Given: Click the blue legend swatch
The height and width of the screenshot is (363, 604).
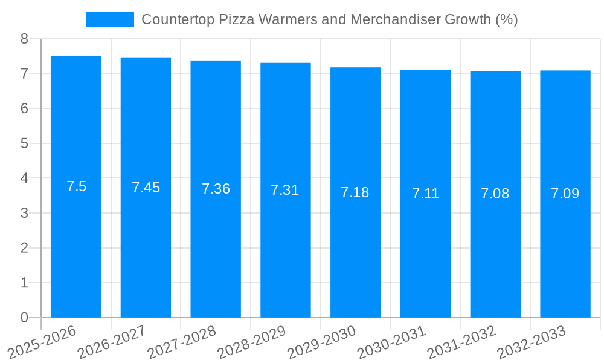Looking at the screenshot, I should [109, 19].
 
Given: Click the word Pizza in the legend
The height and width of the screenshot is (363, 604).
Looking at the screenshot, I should [236, 19].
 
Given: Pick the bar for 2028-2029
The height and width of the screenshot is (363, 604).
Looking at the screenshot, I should [285, 242].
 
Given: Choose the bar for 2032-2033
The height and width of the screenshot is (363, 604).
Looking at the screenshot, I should [565, 242].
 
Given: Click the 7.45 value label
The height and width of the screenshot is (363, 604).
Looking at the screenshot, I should [146, 188].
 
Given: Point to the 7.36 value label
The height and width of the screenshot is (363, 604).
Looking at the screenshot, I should [216, 189].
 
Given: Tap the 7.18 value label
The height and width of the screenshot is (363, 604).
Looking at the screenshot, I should [355, 192].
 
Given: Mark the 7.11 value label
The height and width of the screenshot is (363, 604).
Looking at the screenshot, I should [425, 194].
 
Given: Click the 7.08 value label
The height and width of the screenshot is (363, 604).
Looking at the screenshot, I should [495, 194].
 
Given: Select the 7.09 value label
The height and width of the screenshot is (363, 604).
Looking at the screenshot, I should [565, 194].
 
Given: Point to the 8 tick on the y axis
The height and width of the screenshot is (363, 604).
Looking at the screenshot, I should [24, 39].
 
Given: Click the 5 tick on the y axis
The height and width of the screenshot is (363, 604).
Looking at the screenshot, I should [24, 143].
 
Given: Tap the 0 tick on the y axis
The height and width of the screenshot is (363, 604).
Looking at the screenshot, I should [24, 318].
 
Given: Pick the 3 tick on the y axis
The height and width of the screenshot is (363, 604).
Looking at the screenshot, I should [24, 213].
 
